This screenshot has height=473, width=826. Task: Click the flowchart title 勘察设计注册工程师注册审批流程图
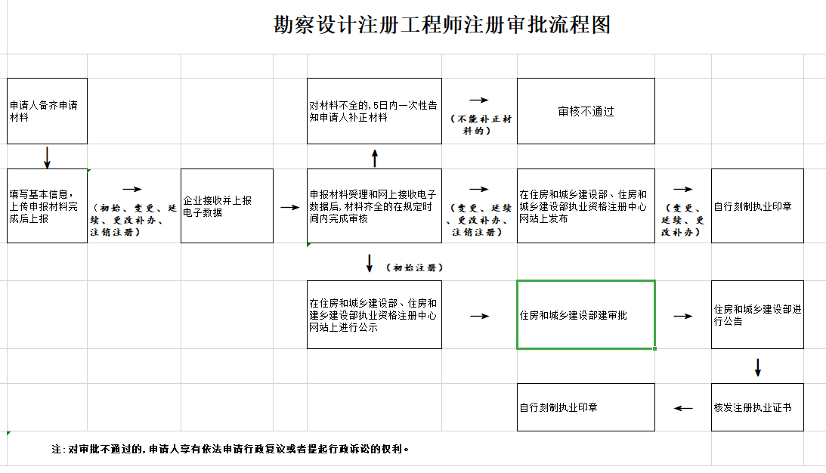pos(442,25)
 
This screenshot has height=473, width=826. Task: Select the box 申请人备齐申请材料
pos(47,111)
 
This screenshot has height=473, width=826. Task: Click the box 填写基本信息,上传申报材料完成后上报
pos(47,206)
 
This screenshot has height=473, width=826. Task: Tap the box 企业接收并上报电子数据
pos(227,206)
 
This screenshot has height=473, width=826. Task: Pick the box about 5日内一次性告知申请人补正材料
pos(374,111)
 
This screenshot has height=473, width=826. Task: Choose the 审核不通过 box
pos(586,111)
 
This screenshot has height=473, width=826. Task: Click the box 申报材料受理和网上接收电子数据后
pos(374,206)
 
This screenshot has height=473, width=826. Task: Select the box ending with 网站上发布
pos(586,206)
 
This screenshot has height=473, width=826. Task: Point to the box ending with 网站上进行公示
pos(374,315)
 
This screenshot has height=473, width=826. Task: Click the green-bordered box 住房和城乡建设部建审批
pos(586,315)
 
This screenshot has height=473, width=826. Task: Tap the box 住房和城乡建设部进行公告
pos(757,315)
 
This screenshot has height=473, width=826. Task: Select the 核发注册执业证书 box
pos(757,407)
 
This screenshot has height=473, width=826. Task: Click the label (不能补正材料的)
pos(479,125)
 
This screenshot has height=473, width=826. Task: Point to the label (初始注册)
pos(414,267)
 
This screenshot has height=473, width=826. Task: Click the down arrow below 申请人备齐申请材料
pos(48,157)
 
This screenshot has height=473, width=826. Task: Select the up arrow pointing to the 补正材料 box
pos(375,158)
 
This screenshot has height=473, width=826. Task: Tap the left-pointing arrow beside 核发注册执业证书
pos(683,408)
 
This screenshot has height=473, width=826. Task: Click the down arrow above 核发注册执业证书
pos(758,367)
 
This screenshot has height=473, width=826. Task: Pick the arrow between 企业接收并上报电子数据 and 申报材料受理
pos(290,207)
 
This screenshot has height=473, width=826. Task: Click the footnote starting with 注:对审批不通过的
pos(231,449)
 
